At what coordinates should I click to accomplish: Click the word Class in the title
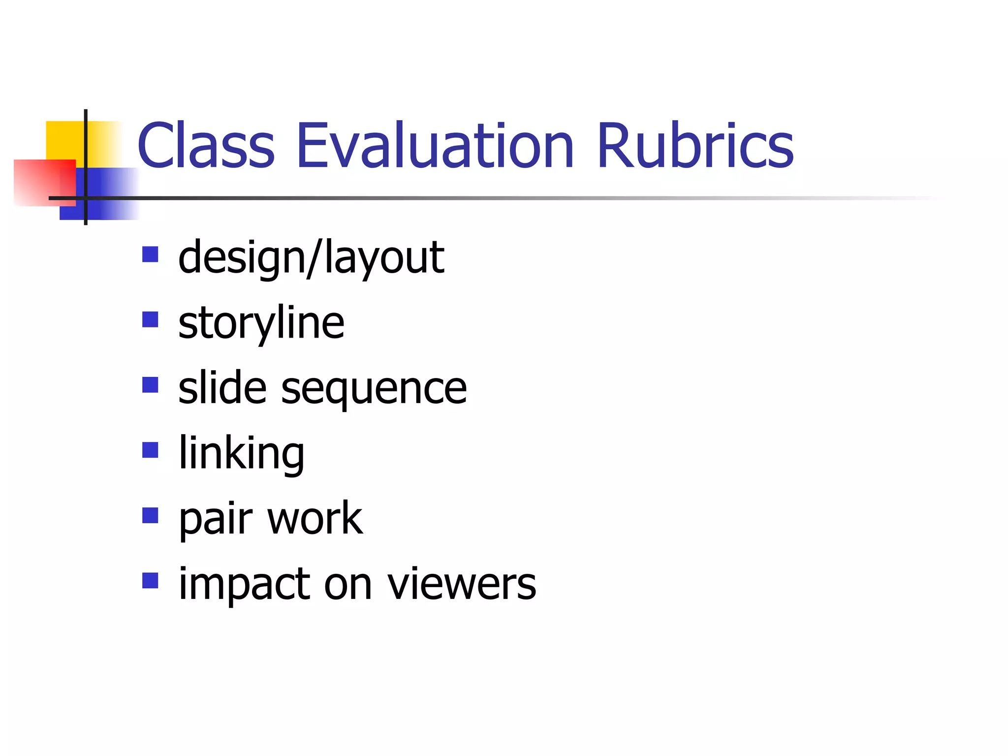[x=206, y=146]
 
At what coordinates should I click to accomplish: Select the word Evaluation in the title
[x=435, y=146]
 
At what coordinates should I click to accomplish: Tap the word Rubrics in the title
[x=695, y=146]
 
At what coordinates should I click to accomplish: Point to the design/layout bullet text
[x=311, y=257]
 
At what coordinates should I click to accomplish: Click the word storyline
[x=261, y=323]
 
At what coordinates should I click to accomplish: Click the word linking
[x=241, y=453]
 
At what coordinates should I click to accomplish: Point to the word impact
[x=244, y=584]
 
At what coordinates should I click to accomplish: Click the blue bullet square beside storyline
[x=150, y=319]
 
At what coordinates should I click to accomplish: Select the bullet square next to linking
[x=150, y=450]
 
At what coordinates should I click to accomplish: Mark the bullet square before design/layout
[x=150, y=254]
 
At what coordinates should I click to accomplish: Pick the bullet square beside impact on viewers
[x=150, y=580]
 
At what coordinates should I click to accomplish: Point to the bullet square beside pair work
[x=150, y=515]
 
